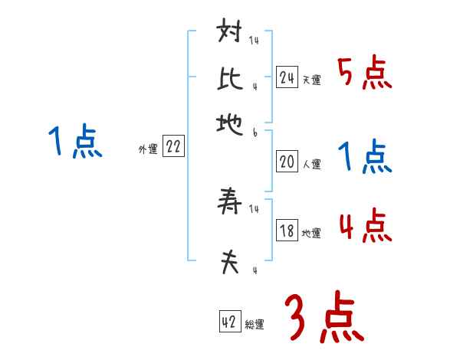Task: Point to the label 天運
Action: (x=311, y=80)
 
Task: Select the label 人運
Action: (x=311, y=164)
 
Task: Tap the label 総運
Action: (x=255, y=325)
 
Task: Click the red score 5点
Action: (x=364, y=74)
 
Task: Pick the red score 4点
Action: (x=364, y=227)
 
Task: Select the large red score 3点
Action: (x=324, y=317)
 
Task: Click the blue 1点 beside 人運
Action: (x=364, y=158)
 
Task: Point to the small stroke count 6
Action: (x=255, y=133)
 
